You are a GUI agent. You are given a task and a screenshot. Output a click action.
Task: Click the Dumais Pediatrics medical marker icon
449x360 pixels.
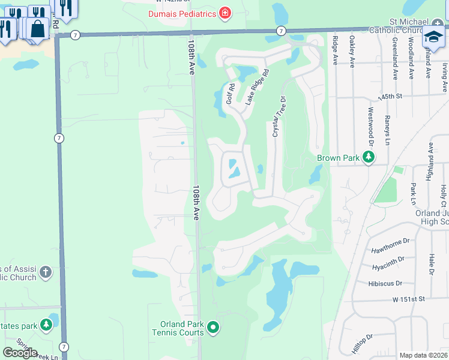[225, 13]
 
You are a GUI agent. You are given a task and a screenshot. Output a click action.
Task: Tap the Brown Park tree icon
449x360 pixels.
[369, 158]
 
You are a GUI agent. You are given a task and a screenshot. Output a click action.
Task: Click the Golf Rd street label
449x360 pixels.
[230, 94]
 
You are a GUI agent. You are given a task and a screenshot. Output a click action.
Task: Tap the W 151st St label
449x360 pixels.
[409, 298]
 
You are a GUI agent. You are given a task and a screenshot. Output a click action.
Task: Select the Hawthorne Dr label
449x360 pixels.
[390, 241]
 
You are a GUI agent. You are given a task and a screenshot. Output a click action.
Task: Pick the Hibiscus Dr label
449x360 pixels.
[394, 283]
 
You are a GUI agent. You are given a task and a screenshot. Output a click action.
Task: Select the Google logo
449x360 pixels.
[20, 352]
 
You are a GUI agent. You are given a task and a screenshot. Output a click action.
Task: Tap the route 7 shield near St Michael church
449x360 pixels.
[280, 31]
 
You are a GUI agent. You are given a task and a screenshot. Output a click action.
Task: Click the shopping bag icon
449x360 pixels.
[37, 28]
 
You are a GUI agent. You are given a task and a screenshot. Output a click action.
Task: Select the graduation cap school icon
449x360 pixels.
[433, 36]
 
